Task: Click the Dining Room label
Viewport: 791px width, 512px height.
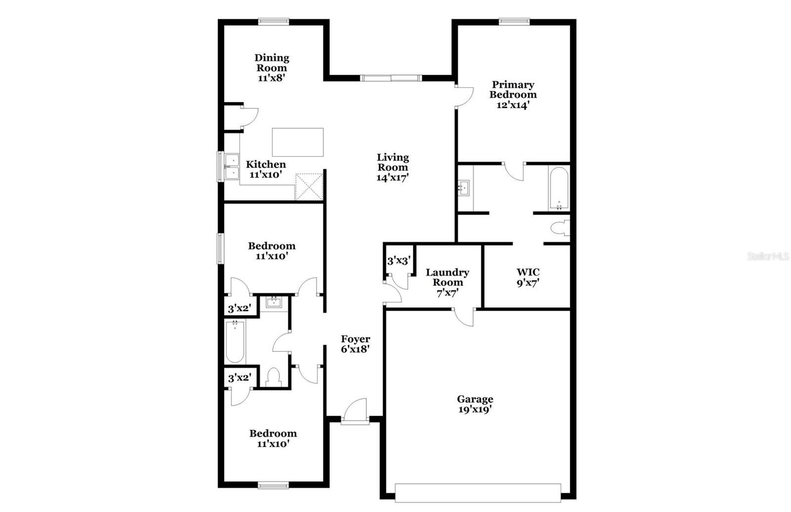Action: tap(271, 62)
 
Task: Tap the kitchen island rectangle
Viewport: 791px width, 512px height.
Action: tap(298, 142)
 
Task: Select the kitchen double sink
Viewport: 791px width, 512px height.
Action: tap(232, 166)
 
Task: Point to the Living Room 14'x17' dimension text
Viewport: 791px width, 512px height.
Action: tap(393, 178)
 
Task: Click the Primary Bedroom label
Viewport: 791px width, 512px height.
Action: tap(513, 90)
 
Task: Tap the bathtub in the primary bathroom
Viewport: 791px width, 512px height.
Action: tap(559, 188)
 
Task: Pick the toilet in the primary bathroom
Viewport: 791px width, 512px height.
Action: tap(561, 228)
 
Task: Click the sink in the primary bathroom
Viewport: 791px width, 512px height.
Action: tap(464, 188)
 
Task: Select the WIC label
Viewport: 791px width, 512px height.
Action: tap(528, 272)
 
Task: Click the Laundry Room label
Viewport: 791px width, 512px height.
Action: tap(447, 278)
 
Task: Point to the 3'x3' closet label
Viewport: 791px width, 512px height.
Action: tap(399, 261)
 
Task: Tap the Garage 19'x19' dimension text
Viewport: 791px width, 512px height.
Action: tap(475, 410)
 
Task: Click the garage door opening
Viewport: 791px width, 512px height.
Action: tap(478, 493)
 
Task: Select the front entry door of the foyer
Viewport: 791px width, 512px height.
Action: tap(355, 412)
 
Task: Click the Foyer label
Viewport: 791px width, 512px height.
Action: tap(355, 339)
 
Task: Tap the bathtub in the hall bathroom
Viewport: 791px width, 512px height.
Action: tap(235, 342)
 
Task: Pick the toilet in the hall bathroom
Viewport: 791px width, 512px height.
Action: tap(273, 377)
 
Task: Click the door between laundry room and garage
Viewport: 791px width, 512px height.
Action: tap(464, 317)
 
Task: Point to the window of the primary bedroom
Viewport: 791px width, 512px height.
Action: tap(514, 22)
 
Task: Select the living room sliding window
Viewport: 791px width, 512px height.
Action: tap(391, 78)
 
